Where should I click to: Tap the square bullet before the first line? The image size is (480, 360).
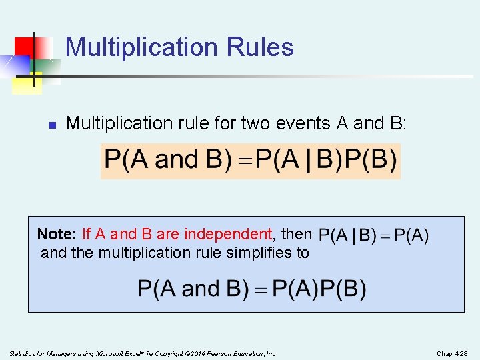coord(51,124)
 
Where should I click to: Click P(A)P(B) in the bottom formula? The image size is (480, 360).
coord(320,289)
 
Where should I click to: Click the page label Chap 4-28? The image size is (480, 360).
coord(453,353)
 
